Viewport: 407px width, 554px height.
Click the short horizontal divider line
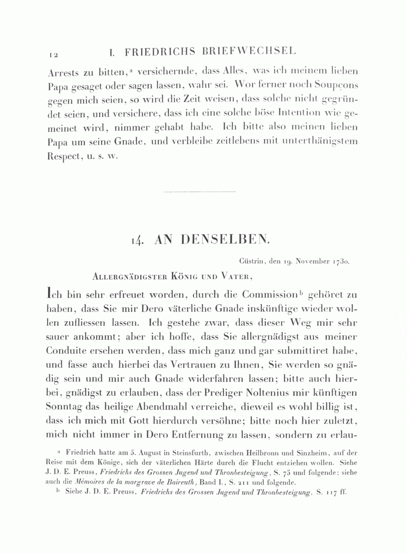point(199,192)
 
